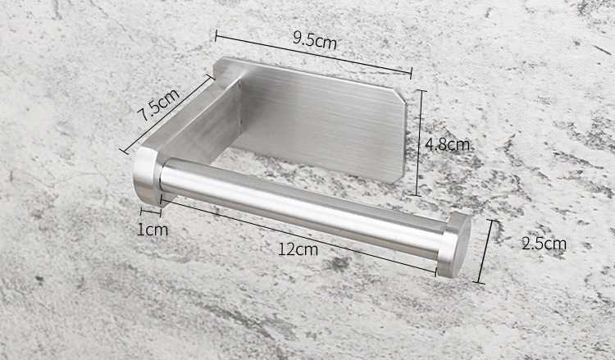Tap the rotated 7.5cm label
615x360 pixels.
[x=157, y=106]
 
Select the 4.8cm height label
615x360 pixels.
[x=447, y=144]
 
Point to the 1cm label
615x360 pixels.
[x=152, y=230]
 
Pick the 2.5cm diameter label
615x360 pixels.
[x=544, y=243]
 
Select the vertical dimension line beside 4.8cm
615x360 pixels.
[x=420, y=143]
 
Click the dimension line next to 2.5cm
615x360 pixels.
[x=485, y=251]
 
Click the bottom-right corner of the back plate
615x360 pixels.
[x=403, y=176]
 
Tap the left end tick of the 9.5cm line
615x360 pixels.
[x=216, y=34]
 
